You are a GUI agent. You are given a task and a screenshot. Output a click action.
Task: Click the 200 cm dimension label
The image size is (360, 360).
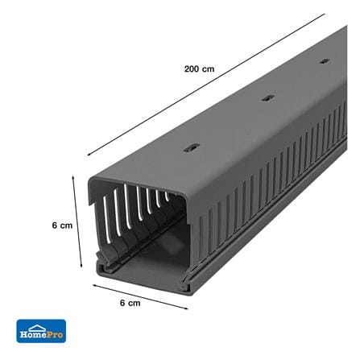[x=199, y=69]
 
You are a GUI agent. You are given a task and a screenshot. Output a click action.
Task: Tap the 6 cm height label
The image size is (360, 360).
[x=62, y=226]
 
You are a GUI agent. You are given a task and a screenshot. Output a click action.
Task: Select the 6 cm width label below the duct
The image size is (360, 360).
[x=130, y=303]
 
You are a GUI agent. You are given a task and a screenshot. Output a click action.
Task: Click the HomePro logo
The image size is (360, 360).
[x=41, y=331]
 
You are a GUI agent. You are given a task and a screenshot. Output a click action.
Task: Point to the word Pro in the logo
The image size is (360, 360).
[x=55, y=334]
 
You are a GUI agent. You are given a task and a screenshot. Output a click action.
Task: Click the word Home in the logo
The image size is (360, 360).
[x=32, y=334]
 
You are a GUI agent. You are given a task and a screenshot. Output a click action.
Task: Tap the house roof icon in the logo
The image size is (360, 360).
[x=37, y=328]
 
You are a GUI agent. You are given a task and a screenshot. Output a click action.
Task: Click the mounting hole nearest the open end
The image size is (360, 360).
[x=192, y=148]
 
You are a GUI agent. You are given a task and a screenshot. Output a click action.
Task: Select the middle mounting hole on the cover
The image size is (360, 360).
[x=268, y=98]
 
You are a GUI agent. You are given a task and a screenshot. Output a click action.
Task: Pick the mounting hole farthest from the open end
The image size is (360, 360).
[x=325, y=61]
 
